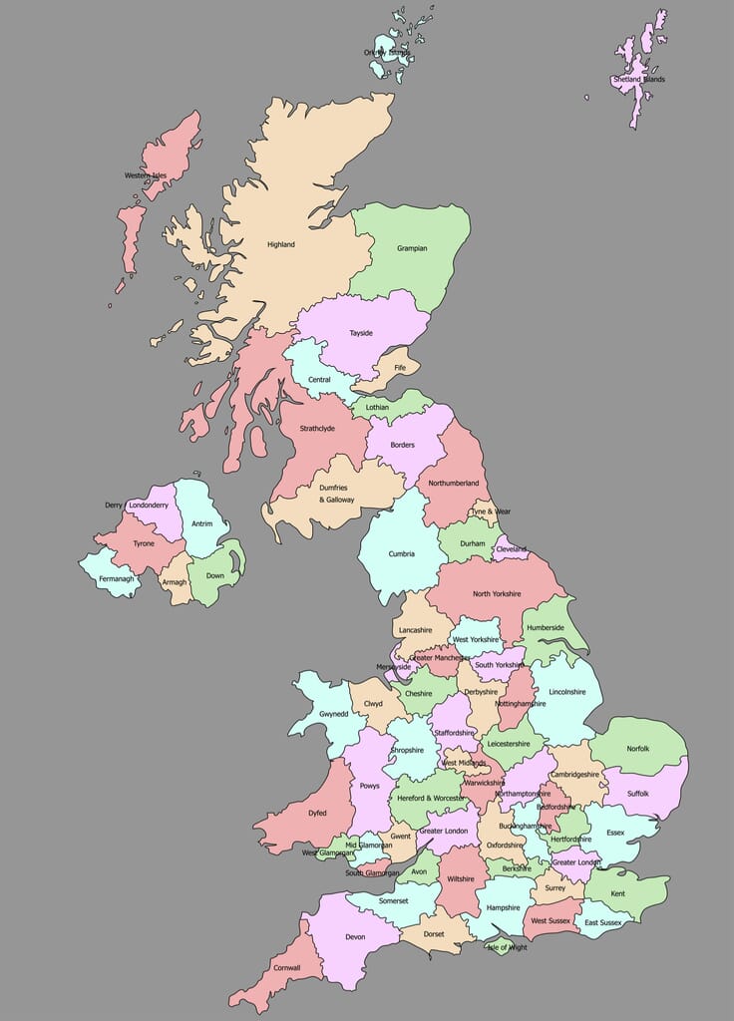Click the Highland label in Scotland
point(281,244)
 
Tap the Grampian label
point(413,248)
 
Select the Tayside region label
point(361,333)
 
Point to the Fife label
point(400,368)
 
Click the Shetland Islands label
point(639,80)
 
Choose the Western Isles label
point(146,176)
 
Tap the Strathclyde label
point(317,429)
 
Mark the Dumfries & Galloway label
point(336,494)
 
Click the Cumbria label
point(401,553)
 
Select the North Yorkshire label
point(497,594)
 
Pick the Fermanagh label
point(116,579)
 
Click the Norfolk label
point(637,749)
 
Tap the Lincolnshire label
point(566,692)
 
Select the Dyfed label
point(317,813)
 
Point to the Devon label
point(355,937)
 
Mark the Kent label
point(618,894)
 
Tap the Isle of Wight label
point(506,947)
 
